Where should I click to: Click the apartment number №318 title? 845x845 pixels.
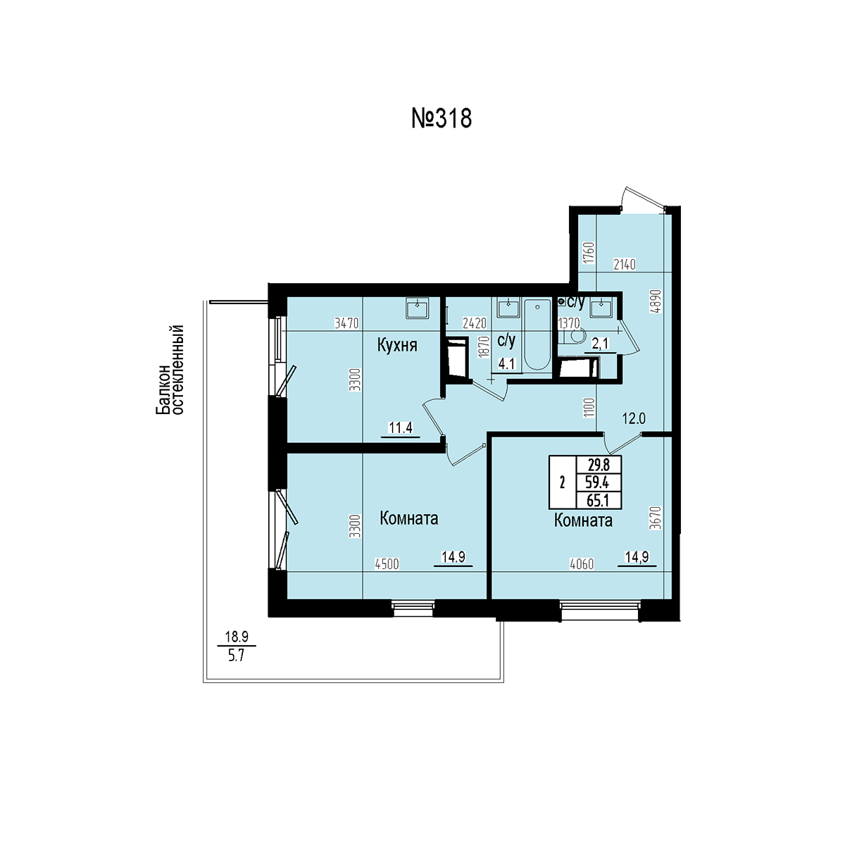pos(441,119)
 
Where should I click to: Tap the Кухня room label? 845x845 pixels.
pos(397,346)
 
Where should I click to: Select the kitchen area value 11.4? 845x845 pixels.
pos(401,427)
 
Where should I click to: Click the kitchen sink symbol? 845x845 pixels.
pos(417,308)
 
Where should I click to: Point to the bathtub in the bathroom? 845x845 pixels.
pos(537,335)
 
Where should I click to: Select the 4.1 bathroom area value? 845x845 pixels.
pos(506,364)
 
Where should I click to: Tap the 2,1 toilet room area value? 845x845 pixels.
pos(601,344)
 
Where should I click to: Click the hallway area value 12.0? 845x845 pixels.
pos(634,419)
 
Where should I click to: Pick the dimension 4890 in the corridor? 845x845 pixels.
pos(656,301)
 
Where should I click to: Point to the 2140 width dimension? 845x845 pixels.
pos(625,265)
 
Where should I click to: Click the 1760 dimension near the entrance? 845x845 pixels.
pos(589,253)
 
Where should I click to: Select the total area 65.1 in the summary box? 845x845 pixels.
pos(598,501)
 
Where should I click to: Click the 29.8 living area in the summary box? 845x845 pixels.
pos(598,464)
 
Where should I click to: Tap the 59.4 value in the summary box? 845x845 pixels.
pos(598,482)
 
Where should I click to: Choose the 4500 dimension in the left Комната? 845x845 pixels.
pos(387,564)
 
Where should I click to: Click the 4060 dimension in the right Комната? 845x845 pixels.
pos(582,564)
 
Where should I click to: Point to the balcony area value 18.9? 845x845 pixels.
pos(237,636)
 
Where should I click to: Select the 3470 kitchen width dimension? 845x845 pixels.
pos(346,323)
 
